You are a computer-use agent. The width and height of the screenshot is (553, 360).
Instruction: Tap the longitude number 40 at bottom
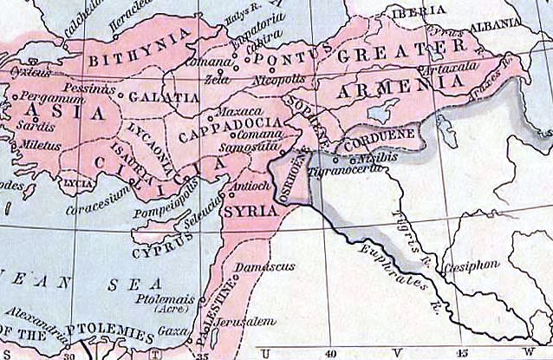point(329,353)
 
